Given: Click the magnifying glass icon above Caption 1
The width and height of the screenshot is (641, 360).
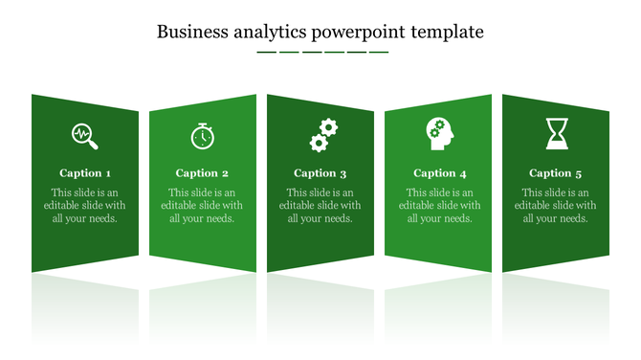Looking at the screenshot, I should tap(85, 136).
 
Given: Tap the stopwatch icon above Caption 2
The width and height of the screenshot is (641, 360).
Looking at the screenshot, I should tap(202, 136).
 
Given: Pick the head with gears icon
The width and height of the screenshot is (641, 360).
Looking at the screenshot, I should tap(440, 133).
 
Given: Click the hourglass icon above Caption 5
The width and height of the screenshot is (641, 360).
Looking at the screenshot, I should tap(557, 134).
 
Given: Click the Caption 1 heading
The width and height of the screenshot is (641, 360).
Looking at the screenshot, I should tap(85, 173).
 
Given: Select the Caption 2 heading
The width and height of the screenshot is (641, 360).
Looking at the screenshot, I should tap(202, 173).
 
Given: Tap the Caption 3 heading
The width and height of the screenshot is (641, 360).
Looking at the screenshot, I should tap(320, 173).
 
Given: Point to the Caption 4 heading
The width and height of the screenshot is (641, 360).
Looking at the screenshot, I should tap(440, 173).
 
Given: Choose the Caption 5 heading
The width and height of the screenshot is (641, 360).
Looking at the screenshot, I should tap(556, 173).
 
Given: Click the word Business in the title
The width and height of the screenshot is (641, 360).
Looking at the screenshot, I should tap(192, 32).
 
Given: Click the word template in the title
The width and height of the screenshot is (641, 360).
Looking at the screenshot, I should tap(448, 33).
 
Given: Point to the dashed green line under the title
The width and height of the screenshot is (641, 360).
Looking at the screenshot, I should tap(322, 52).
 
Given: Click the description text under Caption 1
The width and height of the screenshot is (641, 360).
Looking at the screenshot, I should tap(85, 205).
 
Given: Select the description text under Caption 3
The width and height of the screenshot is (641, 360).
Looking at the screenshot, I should tap(320, 205).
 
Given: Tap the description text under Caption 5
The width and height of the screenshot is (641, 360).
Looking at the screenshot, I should tap(556, 205).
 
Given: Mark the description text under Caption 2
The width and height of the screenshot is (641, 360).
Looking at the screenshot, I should tap(202, 205).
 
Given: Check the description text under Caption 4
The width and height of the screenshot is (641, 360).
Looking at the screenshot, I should tap(440, 205).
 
